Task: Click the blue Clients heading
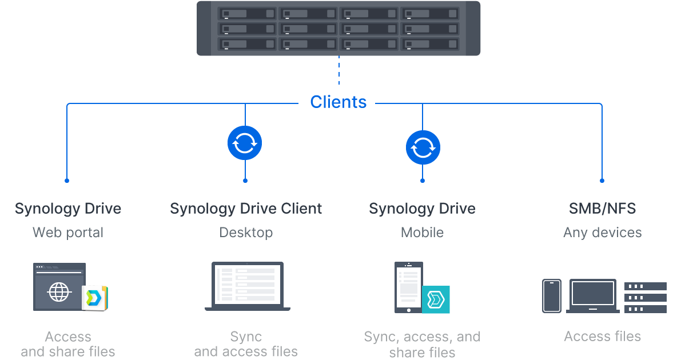[338, 102]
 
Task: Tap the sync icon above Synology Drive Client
[245, 143]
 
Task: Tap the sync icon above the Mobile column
[423, 147]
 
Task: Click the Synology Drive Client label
[246, 209]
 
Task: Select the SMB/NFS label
[602, 209]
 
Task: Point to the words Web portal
[68, 233]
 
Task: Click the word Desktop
[246, 233]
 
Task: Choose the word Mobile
[422, 233]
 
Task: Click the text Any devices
[602, 233]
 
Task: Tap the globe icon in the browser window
[59, 293]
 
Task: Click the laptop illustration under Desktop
[247, 286]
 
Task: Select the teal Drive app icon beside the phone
[436, 299]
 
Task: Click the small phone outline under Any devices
[552, 296]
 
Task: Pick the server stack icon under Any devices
[646, 297]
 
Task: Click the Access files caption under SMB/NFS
[602, 336]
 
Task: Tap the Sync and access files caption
[246, 343]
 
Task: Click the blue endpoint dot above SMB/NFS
[602, 181]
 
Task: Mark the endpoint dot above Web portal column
[67, 181]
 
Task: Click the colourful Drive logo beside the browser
[94, 298]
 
